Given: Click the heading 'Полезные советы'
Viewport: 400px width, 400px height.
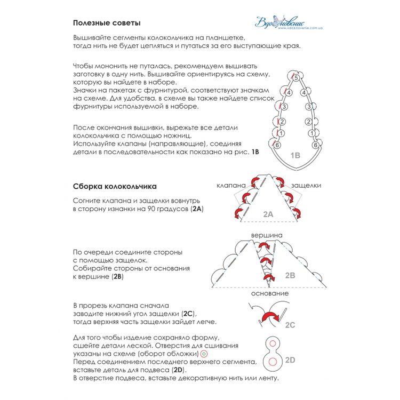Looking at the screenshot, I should point(107,23).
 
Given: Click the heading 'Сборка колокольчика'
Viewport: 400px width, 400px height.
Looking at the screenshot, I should point(115,187).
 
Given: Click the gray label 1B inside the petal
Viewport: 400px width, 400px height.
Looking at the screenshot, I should point(295,155).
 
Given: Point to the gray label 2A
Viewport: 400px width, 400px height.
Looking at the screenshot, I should point(268,214).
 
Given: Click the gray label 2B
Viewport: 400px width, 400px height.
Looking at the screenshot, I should point(290,276).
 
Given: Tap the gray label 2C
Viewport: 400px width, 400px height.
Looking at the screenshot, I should point(290,325).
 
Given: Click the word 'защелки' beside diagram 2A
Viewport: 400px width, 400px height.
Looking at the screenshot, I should point(306,186).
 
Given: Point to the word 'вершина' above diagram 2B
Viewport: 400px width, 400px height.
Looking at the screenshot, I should point(267,235).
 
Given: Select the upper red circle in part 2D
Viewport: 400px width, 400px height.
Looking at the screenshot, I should point(273,343).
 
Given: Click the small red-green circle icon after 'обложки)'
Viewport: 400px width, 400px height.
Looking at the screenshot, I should point(204,354).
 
